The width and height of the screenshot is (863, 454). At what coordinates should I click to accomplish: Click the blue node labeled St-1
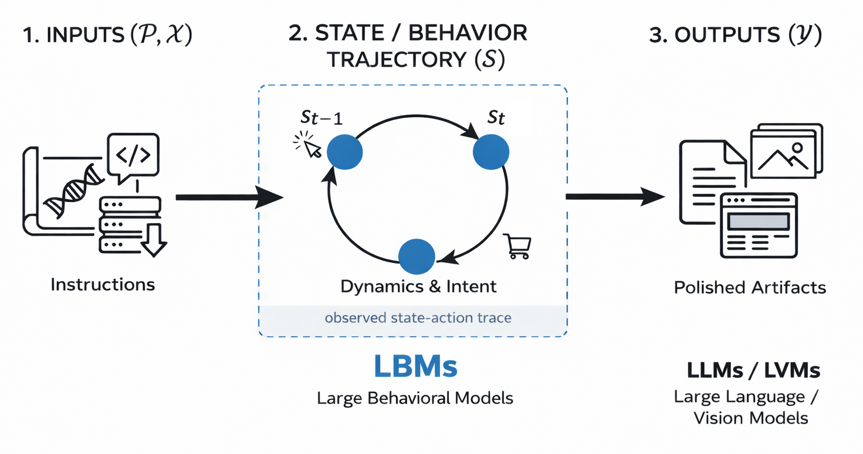344,152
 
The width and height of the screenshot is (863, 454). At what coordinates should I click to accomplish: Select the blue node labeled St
490,152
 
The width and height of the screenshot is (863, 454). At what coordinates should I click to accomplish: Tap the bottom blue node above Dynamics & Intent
417,257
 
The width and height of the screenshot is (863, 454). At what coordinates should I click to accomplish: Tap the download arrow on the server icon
154,240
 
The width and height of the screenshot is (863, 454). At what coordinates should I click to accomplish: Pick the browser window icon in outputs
758,226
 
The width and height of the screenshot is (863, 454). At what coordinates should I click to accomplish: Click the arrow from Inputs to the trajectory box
229,198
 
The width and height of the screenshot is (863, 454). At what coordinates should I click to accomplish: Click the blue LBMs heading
415,367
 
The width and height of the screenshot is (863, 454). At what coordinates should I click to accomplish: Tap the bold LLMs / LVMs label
753,370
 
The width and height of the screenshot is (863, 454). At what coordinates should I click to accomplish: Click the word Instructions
103,285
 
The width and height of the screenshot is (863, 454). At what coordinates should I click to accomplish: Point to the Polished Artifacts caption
750,288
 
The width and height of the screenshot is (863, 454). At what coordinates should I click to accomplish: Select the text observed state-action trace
418,318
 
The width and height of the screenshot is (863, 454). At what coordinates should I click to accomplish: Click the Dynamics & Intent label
418,286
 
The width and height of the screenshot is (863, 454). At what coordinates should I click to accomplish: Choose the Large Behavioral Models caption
415,398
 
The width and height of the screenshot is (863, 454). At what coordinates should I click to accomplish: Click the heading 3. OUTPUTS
735,35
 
